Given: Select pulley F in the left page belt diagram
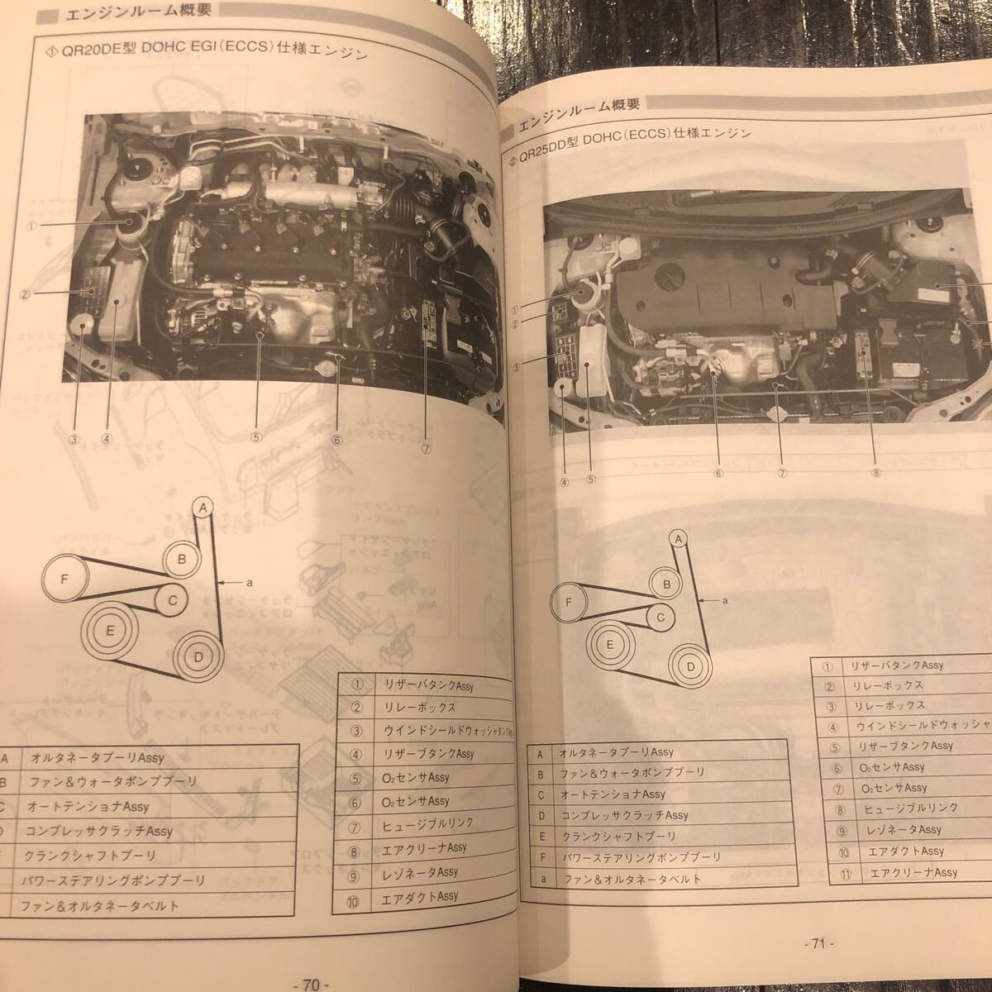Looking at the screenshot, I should point(64,579).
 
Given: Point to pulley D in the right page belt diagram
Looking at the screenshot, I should point(691,664).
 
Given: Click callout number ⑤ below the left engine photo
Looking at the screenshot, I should point(256,439).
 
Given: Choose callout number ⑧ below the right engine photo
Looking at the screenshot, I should point(875,473).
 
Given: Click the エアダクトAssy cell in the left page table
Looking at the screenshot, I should point(413,895).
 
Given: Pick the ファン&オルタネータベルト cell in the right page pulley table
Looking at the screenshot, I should point(629,878).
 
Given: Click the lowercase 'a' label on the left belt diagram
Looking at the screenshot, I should point(247,581).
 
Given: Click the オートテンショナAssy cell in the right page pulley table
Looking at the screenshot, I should point(613,794).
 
